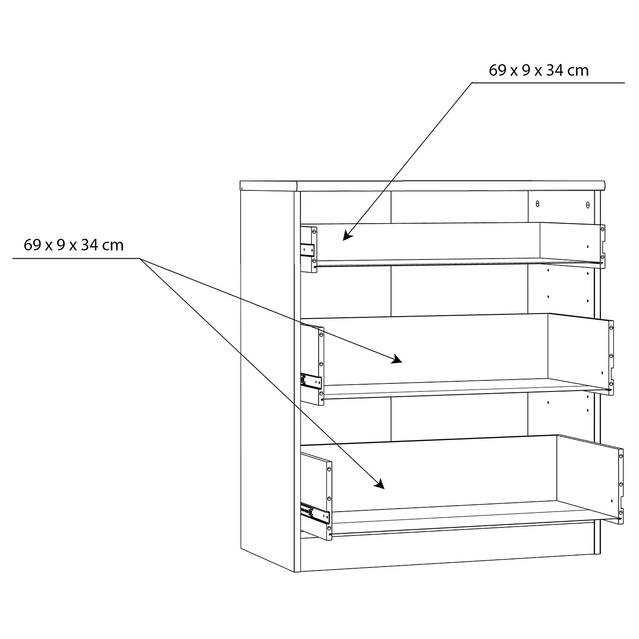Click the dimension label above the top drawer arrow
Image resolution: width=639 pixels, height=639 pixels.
click(538, 70)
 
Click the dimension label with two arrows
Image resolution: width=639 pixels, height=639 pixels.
click(74, 245)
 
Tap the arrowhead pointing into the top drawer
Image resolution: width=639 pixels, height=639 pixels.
click(347, 236)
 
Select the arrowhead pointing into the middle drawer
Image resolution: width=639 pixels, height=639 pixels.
click(397, 360)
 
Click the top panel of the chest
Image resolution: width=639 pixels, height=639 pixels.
click(422, 185)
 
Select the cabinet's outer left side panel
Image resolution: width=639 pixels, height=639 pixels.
click(267, 375)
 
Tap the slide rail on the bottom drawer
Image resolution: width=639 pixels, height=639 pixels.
click(315, 514)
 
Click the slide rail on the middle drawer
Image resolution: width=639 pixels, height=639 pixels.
click(311, 381)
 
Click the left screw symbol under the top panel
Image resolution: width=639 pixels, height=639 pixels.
click(538, 204)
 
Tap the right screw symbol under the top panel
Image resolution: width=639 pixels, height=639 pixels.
click(588, 205)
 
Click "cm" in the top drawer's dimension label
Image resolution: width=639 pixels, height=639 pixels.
click(578, 70)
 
